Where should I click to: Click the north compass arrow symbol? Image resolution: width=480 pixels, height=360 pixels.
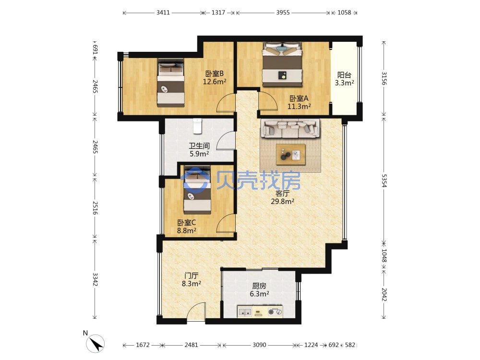coord(96,344)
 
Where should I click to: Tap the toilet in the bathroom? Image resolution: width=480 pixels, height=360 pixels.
coord(198,126)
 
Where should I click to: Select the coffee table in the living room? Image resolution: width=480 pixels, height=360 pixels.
coord(290,154)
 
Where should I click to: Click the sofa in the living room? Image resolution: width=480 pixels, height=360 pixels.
coord(290,128)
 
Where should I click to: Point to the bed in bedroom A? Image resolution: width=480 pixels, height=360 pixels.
coord(282,65)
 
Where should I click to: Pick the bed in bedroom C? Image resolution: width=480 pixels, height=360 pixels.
coord(197,190)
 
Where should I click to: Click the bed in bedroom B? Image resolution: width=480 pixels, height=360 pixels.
coord(171,83)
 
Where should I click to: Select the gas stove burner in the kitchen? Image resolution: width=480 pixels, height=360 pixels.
coord(275,312)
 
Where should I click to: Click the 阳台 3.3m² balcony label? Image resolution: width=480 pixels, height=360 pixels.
coord(344,79)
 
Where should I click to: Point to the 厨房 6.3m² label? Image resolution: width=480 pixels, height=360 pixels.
coord(259,289)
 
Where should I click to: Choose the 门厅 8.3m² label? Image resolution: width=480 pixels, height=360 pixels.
coord(192,279)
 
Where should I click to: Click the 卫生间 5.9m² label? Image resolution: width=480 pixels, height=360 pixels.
coord(199,150)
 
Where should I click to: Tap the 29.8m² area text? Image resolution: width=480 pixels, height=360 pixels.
coord(282,202)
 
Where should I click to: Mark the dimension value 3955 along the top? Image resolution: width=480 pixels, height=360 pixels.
coord(283,12)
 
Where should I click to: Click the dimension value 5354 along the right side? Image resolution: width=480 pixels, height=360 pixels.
coord(384,180)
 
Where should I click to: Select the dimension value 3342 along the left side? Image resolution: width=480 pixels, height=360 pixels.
coord(95,279)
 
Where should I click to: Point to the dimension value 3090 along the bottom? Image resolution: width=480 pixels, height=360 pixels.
coord(259,345)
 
